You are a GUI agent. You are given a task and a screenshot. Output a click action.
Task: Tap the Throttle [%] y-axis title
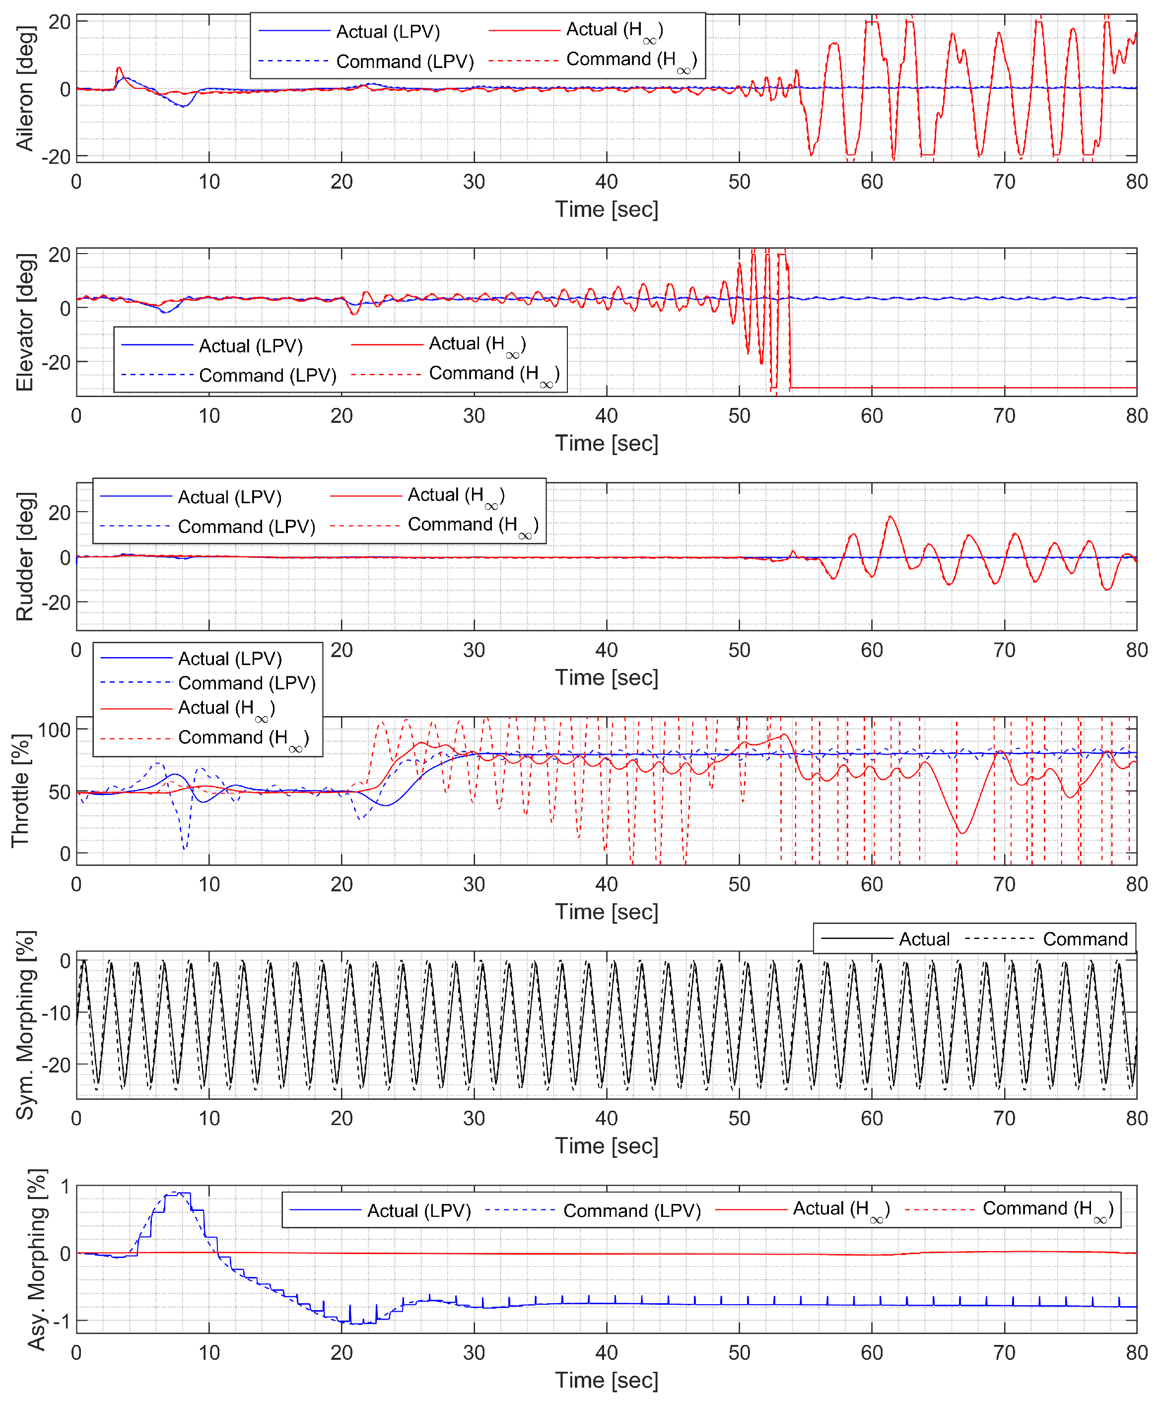20,791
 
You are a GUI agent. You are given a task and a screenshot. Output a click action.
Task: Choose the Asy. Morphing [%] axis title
37,1260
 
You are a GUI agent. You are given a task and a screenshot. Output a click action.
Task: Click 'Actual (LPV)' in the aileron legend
388,32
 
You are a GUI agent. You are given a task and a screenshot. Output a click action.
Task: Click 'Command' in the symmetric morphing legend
1085,939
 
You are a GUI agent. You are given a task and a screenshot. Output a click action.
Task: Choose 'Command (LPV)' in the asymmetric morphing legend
632,1211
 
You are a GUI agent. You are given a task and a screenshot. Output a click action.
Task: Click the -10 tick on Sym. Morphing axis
56,1013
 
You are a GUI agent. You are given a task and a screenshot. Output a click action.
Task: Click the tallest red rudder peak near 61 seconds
890,517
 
